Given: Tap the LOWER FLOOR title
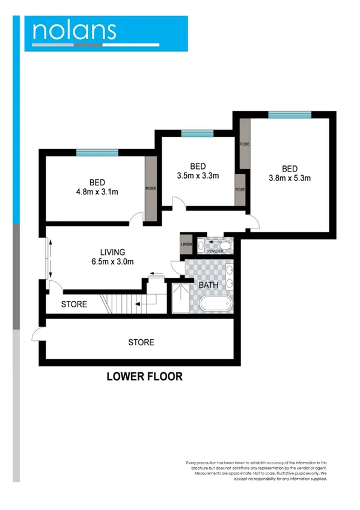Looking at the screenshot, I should point(144,377).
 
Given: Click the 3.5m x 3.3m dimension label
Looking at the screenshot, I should point(198,176).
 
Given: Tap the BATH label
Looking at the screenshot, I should point(209,284).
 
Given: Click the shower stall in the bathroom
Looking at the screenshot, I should point(178,300).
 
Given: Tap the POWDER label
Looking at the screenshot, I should point(215,251).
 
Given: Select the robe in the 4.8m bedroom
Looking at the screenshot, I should point(150,188).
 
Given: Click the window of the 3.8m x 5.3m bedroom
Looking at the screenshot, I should point(290,115).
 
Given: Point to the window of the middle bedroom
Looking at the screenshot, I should point(197,134).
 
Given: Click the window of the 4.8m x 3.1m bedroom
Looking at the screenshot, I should point(97,153).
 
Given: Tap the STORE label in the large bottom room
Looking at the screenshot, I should point(141,342).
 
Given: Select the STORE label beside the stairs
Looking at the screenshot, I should point(74,304).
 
